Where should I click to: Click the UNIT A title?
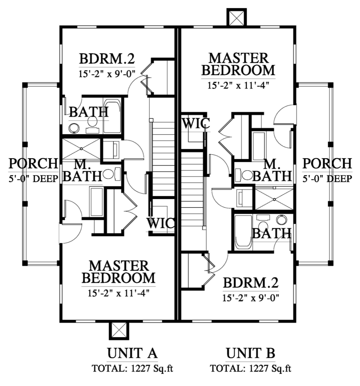pos(132,353)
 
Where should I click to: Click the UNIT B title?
pos(250,353)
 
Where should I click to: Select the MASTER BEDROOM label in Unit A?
pos(118,272)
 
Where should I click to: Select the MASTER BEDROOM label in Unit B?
pos(238,64)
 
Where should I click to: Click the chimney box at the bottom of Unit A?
pos(119,331)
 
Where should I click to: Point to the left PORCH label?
pos(33,163)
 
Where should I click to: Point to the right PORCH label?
pos(327,163)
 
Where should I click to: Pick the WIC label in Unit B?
pos(196,123)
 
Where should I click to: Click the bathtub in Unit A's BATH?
pos(112,117)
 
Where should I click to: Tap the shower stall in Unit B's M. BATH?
pos(274,198)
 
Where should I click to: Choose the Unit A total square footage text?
pos(132,369)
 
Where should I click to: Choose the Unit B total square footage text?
pos(250,369)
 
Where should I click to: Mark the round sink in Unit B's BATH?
pos(281,219)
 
